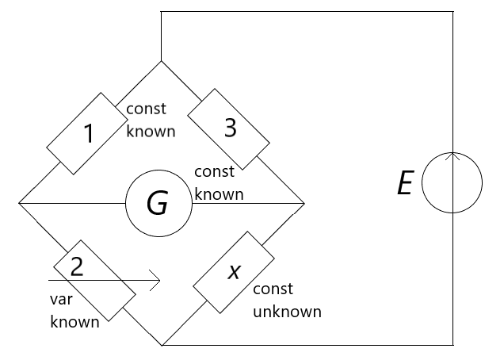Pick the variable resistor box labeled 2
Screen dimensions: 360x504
click(x=94, y=278)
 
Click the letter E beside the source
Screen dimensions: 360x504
click(x=405, y=185)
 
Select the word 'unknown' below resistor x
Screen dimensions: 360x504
click(x=287, y=312)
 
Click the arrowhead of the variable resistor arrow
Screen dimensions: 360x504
click(x=157, y=280)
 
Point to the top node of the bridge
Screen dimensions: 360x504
click(x=161, y=62)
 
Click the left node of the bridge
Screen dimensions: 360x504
click(x=18, y=204)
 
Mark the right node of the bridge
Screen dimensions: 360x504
click(x=304, y=204)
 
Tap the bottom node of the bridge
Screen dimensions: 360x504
click(x=162, y=346)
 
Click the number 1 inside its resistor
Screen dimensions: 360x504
click(x=90, y=134)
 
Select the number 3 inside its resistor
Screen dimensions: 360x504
click(x=231, y=128)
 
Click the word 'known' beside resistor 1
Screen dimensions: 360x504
click(x=151, y=131)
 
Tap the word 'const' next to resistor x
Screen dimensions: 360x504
click(x=273, y=289)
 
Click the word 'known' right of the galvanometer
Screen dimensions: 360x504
click(x=219, y=193)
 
